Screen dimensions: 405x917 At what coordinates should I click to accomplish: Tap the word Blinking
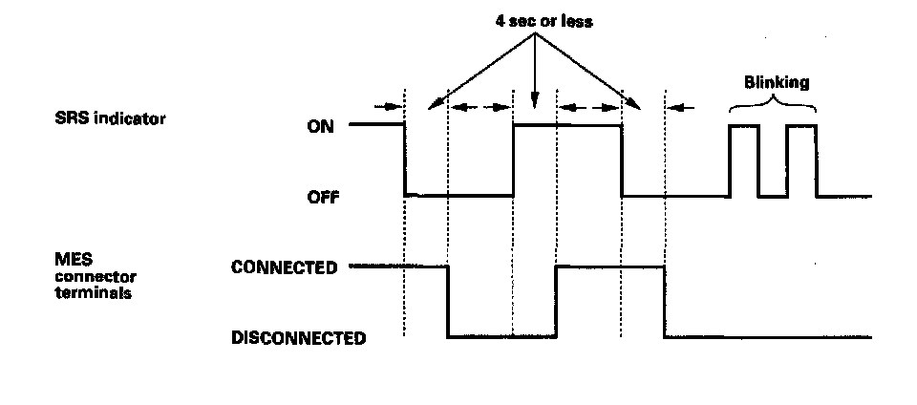pyautogui.click(x=776, y=82)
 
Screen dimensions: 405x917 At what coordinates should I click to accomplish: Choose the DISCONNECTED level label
pyautogui.click(x=298, y=337)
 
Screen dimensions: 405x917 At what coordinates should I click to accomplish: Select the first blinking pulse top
pyautogui.click(x=744, y=125)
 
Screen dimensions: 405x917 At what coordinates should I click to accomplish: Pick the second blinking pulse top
pyautogui.click(x=802, y=125)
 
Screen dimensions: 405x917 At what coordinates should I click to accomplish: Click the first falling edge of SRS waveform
pyautogui.click(x=406, y=160)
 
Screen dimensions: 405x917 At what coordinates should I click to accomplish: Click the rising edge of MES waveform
pyautogui.click(x=556, y=302)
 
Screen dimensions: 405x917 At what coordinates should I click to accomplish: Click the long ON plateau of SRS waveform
pyautogui.click(x=567, y=124)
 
